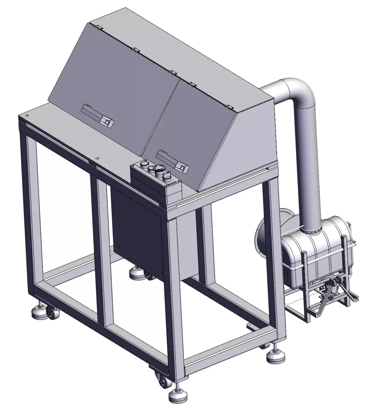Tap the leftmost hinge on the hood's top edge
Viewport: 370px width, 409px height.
(x=98, y=27)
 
